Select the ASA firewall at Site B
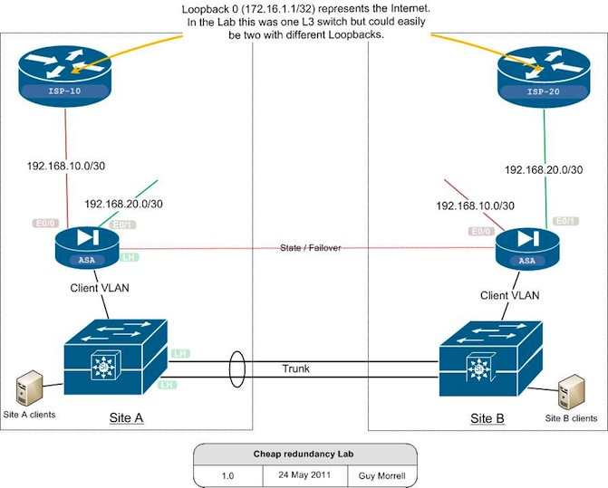525,247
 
